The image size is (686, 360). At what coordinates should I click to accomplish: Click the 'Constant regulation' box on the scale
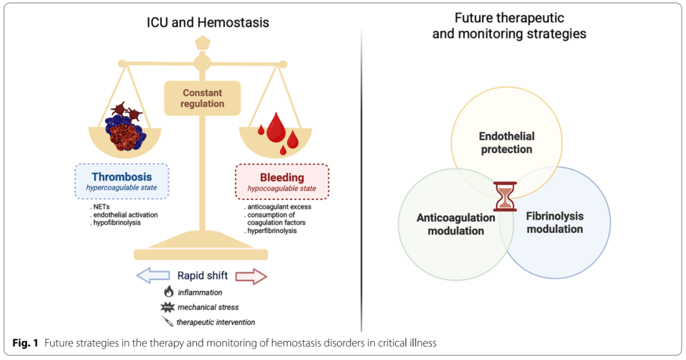[x=202, y=98]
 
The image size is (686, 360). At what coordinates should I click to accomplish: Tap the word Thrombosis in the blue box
[x=121, y=177]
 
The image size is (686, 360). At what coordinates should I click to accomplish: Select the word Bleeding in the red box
[x=282, y=177]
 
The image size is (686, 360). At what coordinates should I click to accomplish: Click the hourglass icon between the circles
[x=505, y=196]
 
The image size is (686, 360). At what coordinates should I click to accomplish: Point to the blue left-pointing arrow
[x=153, y=276]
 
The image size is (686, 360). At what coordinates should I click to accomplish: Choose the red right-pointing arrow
[x=251, y=276]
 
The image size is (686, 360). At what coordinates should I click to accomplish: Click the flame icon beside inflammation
[x=168, y=291]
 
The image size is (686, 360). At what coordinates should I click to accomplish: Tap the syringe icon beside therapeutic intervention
[x=168, y=321]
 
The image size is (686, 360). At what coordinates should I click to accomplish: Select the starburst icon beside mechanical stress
[x=168, y=307]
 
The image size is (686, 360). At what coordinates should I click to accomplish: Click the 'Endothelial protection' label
[x=507, y=143]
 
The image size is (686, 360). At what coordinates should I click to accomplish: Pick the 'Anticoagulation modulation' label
[x=456, y=224]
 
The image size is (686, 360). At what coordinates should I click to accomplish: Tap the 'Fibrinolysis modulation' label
[x=555, y=222]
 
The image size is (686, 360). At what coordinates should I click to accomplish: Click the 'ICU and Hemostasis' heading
[x=208, y=22]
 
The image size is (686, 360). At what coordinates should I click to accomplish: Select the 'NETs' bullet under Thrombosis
[x=101, y=206]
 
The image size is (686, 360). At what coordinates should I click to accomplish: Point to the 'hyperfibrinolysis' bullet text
[x=272, y=230]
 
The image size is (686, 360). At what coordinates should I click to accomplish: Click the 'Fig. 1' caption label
[x=25, y=343]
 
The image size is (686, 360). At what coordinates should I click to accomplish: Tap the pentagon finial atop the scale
[x=202, y=44]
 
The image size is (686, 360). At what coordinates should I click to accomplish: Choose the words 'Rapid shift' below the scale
[x=203, y=276]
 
